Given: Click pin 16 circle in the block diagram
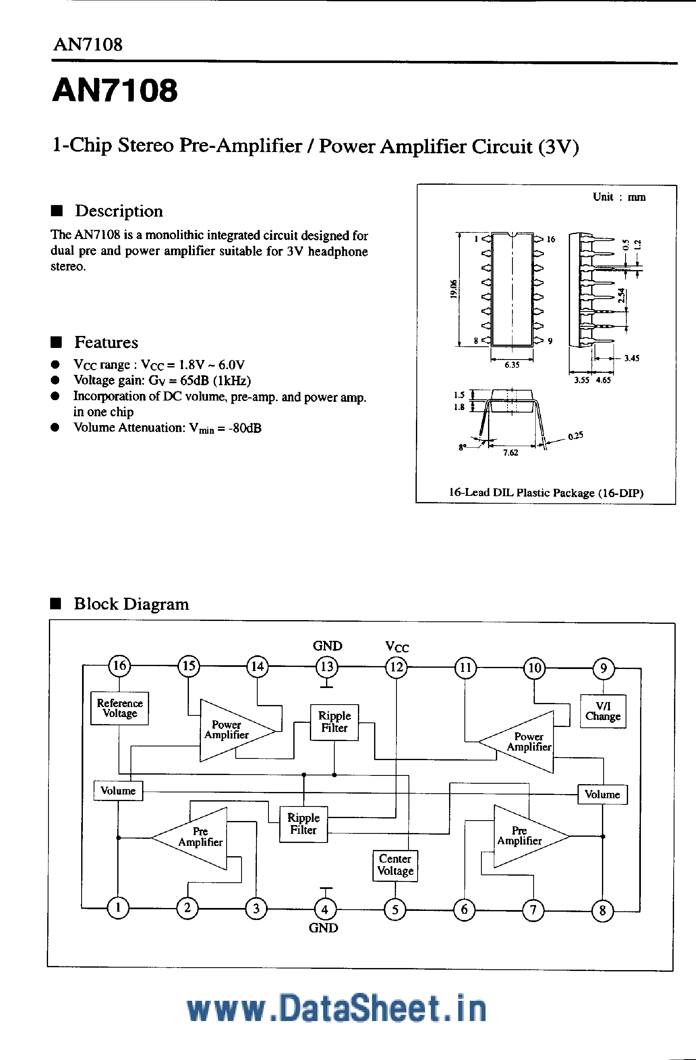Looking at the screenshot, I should pos(119,666).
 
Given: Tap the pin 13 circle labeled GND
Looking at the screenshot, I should pos(326,667).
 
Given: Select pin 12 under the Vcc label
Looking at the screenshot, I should pos(396,667).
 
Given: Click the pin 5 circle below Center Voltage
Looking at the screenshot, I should pos(395,910).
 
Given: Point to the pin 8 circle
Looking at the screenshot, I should pos(602,911).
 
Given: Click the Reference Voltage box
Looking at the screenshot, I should pos(119,708).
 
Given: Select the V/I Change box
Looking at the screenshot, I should pos(603,711).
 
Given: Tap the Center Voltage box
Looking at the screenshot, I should pos(395,865).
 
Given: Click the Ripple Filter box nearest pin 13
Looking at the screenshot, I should pos(334,722).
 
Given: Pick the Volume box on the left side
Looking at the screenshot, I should pos(118,790).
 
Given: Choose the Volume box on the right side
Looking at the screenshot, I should pos(602,794).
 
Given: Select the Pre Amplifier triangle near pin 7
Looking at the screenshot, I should pos(521,836).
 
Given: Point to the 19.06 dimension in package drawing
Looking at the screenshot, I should pos(453,289).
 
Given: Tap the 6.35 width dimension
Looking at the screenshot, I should pos(512,365).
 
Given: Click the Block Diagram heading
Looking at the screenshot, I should pos(131,604).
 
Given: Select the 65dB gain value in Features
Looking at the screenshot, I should pos(194,380).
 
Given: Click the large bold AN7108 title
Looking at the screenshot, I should pos(115,90).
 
